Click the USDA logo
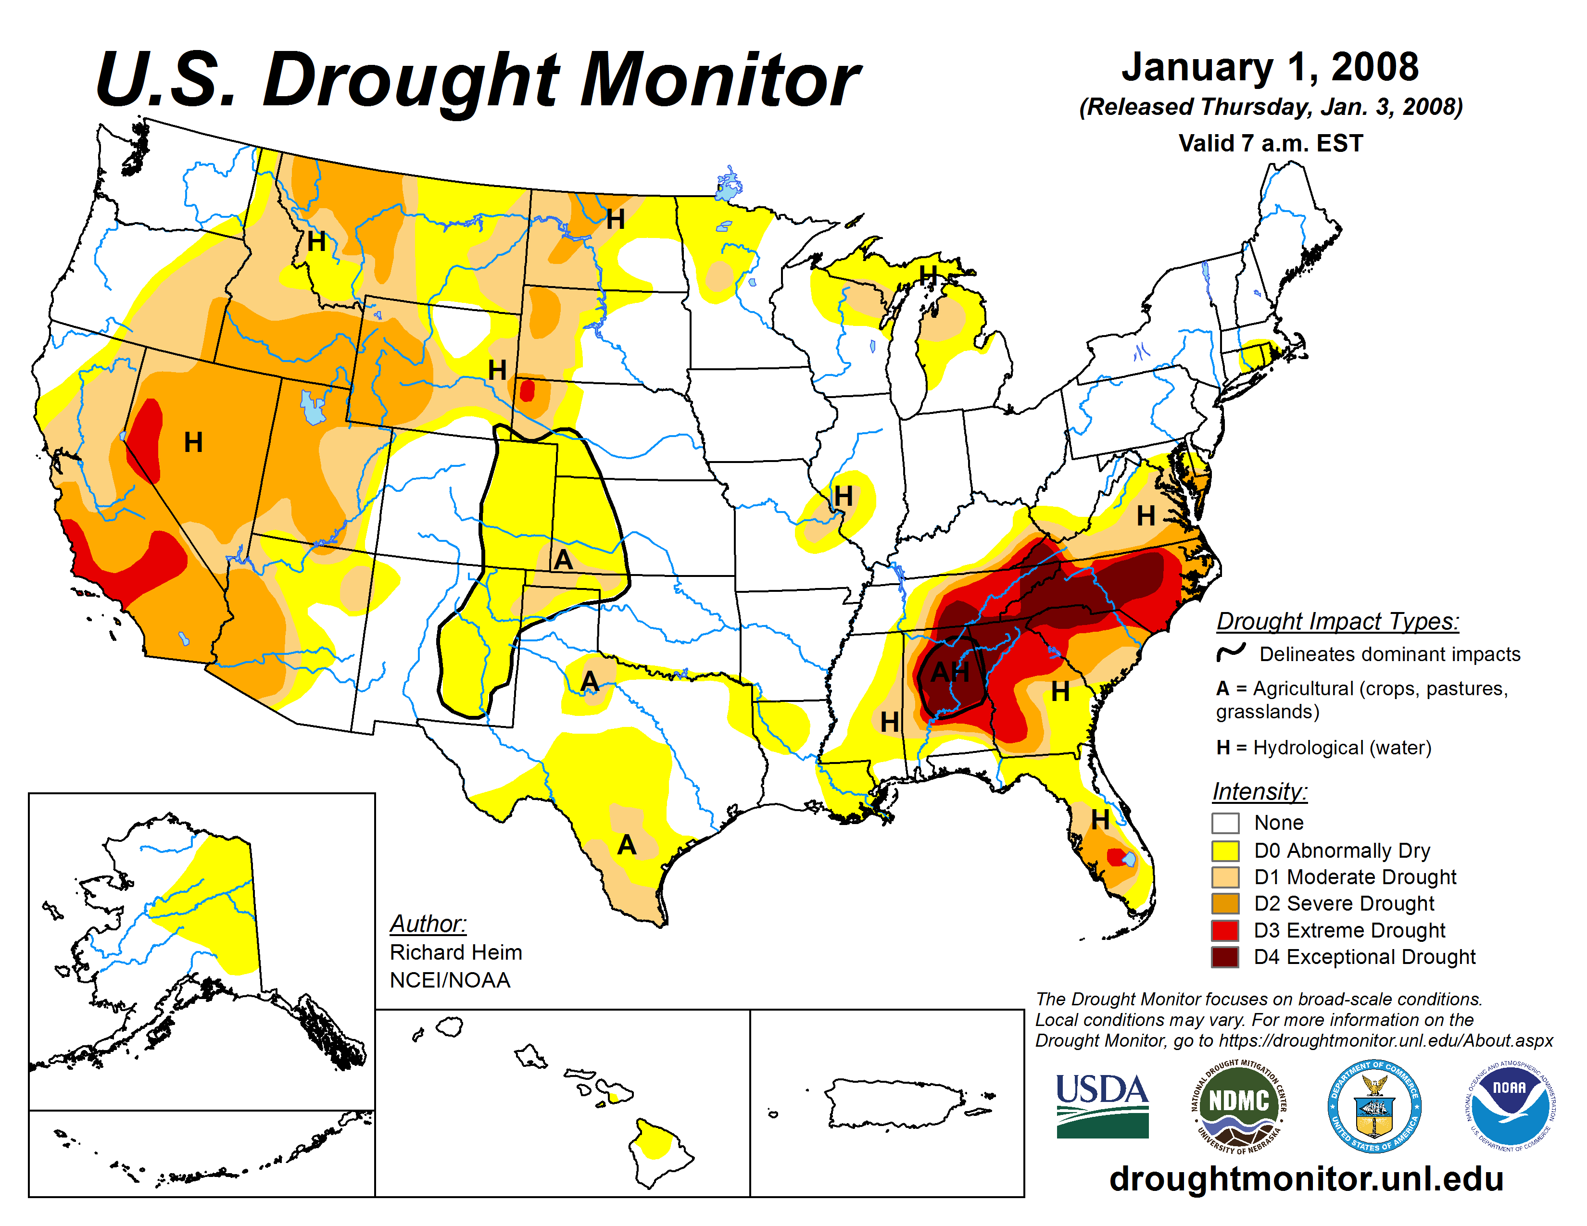click(x=1102, y=1105)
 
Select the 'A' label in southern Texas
click(x=626, y=845)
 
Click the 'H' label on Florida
click(x=1100, y=820)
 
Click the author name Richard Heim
click(x=455, y=952)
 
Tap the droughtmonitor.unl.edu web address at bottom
click(x=1306, y=1178)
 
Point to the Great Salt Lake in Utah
click(x=313, y=407)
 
